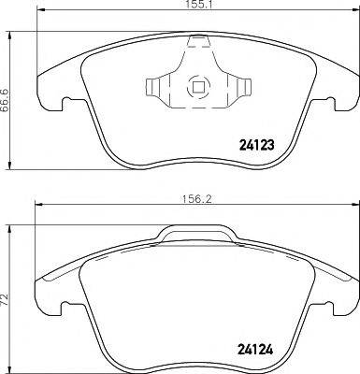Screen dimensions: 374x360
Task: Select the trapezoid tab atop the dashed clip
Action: pyautogui.click(x=198, y=41)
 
